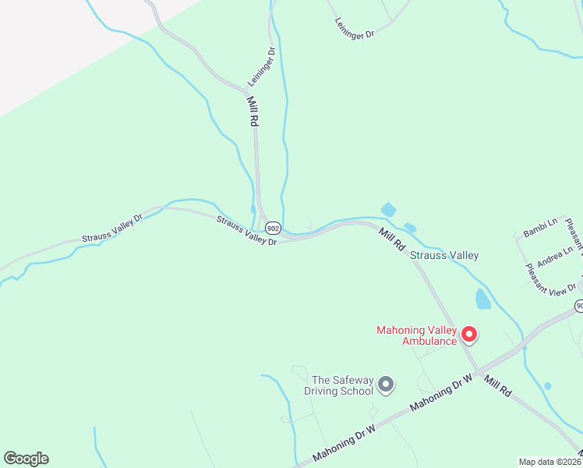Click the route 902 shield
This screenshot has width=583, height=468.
pyautogui.click(x=272, y=228)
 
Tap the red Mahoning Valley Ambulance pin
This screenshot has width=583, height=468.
pyautogui.click(x=469, y=335)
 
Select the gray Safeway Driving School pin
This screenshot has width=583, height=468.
pyautogui.click(x=385, y=384)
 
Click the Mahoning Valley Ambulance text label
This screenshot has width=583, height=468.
pyautogui.click(x=417, y=335)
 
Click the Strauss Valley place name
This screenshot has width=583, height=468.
pyautogui.click(x=444, y=255)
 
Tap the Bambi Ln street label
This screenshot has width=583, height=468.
pyautogui.click(x=540, y=228)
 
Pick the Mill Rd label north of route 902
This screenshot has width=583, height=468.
pyautogui.click(x=252, y=112)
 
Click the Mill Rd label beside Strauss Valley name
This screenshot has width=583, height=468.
pyautogui.click(x=393, y=238)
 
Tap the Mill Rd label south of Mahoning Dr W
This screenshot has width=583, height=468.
pyautogui.click(x=496, y=386)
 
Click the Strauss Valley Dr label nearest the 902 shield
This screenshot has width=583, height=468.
pyautogui.click(x=247, y=232)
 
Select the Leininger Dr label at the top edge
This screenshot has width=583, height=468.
pyautogui.click(x=355, y=29)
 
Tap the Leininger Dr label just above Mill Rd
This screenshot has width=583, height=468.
pyautogui.click(x=262, y=67)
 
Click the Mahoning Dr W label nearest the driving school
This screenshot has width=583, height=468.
pyautogui.click(x=344, y=441)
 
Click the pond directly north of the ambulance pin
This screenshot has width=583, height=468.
pyautogui.click(x=483, y=299)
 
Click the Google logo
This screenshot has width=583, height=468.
pyautogui.click(x=26, y=459)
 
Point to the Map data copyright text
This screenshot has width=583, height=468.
pyautogui.click(x=550, y=462)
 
